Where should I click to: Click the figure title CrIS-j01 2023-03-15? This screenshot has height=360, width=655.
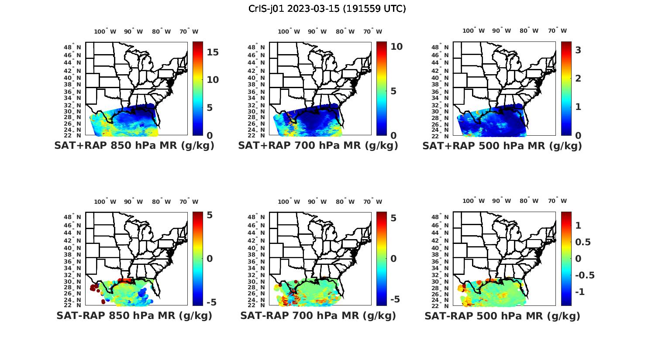point(327,9)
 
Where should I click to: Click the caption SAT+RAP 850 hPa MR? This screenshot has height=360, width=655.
point(134,146)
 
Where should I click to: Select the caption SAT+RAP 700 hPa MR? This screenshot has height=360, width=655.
point(318,146)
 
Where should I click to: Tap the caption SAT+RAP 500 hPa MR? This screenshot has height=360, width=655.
point(502,146)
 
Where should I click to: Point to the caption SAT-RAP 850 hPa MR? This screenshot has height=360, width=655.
point(134,315)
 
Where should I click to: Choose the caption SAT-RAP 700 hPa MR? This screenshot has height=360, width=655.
point(318,315)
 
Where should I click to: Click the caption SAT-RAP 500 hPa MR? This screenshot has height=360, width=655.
point(502,315)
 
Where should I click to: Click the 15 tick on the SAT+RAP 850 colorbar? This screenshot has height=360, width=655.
point(213,52)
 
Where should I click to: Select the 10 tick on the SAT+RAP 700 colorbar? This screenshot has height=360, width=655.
point(396,47)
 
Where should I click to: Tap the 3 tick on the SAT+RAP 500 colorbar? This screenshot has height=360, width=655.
point(578,50)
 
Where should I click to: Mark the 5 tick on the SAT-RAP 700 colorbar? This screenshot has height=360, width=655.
point(393,218)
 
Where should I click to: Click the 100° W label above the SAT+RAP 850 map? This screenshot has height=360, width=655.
point(105,31)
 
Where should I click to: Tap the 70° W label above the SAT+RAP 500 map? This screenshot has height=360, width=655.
point(557,31)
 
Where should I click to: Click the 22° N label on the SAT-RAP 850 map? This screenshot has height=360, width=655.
point(73,305)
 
